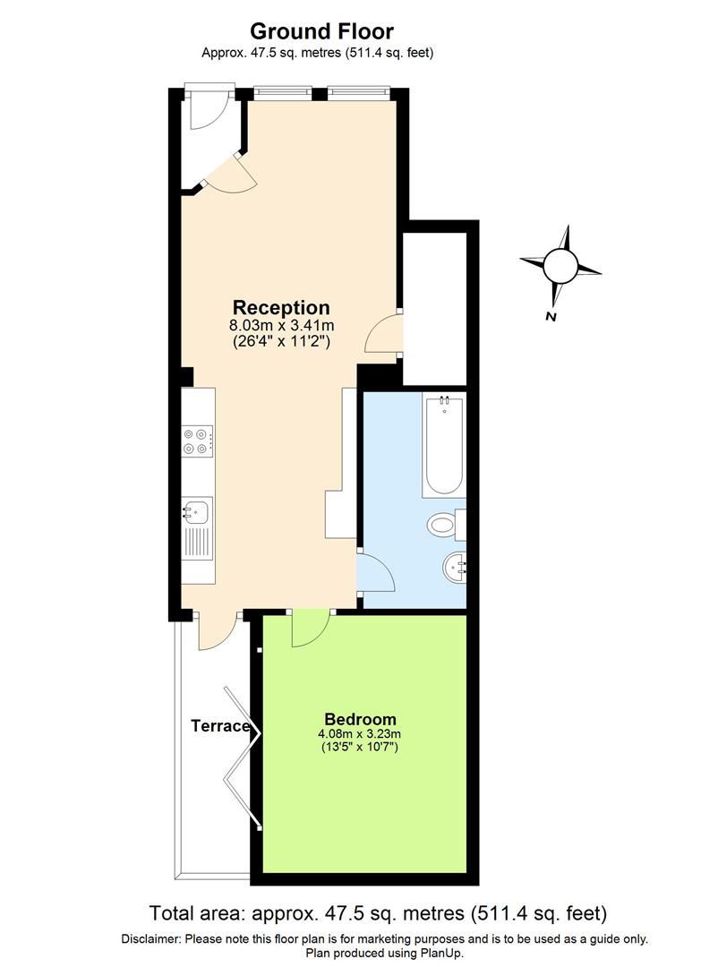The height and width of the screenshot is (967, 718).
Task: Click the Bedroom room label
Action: tap(360, 719)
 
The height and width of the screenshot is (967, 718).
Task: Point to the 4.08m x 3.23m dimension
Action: tap(360, 735)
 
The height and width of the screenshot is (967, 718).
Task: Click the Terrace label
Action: tap(219, 726)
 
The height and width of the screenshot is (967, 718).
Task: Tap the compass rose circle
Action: tap(560, 265)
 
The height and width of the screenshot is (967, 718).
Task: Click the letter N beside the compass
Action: tap(551, 317)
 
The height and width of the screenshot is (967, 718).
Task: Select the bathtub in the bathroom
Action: tap(444, 446)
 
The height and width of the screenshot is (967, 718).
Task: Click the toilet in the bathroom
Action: tap(444, 523)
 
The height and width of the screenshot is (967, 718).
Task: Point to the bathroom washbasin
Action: tap(455, 565)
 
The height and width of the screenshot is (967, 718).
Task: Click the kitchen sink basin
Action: tap(197, 513)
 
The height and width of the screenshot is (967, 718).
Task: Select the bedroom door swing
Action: tap(309, 629)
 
